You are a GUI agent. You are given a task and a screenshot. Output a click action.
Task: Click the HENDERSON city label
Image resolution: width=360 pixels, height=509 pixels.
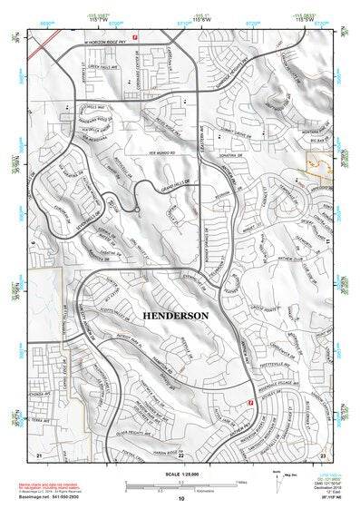click(x=176, y=315)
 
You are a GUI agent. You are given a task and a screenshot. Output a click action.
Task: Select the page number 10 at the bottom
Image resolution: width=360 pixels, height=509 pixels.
click(x=180, y=498)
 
